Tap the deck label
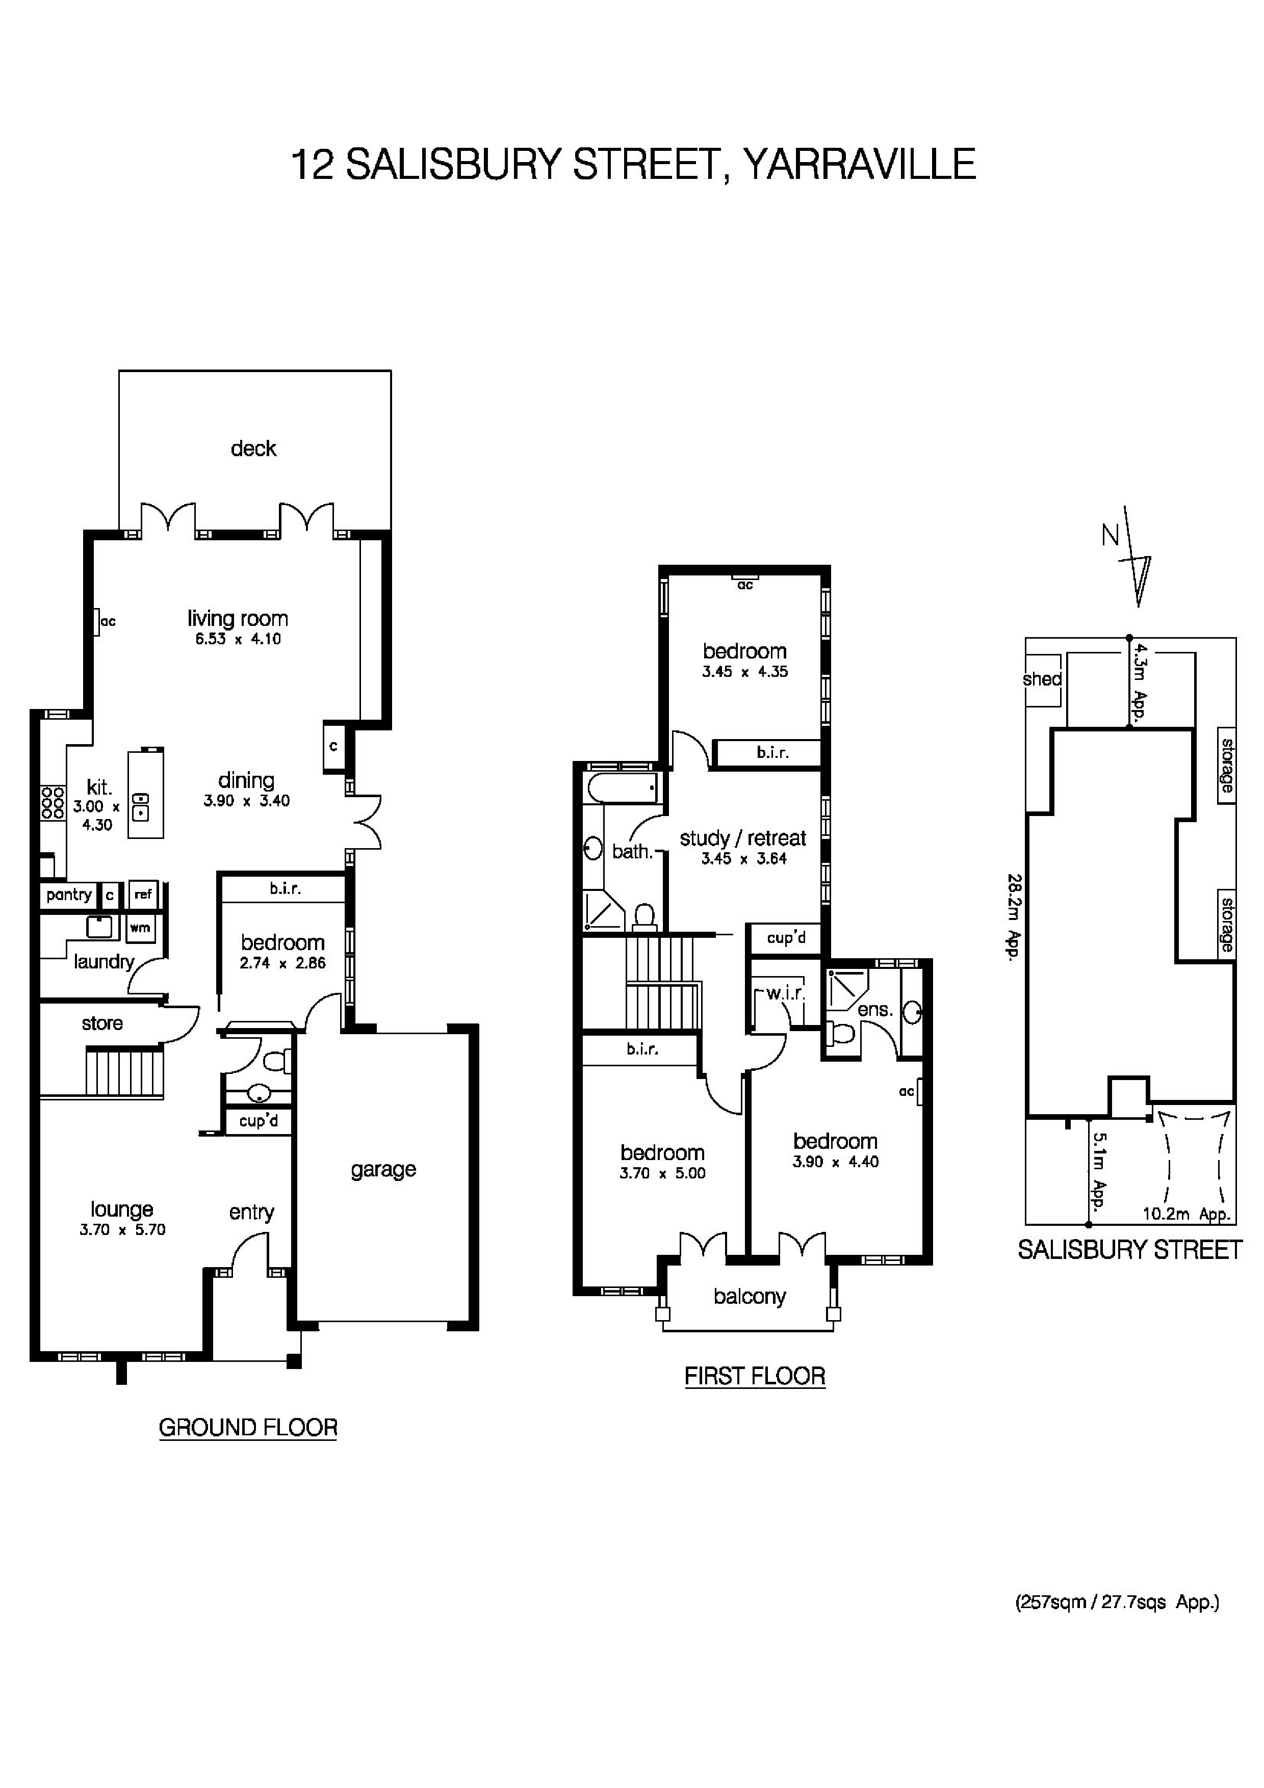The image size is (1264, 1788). click(x=253, y=449)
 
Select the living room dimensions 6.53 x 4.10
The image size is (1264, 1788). click(x=238, y=639)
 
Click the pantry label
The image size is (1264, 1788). click(x=68, y=895)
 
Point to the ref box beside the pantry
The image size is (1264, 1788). click(x=143, y=895)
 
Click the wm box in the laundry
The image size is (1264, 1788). click(x=140, y=928)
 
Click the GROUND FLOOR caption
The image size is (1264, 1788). click(x=248, y=1428)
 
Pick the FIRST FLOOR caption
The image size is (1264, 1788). click(x=754, y=1376)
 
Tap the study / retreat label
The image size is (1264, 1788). click(x=743, y=839)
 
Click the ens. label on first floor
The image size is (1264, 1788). click(x=874, y=1010)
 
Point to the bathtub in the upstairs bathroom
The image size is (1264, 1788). click(x=622, y=788)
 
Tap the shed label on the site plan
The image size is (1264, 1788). click(x=1042, y=679)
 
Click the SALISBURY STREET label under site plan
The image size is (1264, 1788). click(x=1129, y=1250)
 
